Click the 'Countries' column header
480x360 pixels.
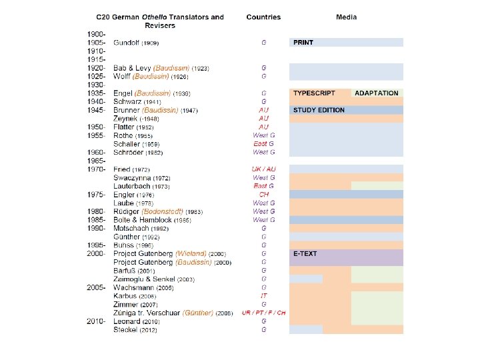[263, 17]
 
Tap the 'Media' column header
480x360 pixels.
[346, 17]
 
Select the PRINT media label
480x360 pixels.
[303, 42]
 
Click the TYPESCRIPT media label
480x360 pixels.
[313, 93]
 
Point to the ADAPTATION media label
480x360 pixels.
[377, 93]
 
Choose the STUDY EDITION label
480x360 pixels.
[319, 110]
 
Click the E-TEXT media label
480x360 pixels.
[305, 254]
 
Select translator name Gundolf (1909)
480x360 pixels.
[136, 42]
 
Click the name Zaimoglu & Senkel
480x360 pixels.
[145, 279]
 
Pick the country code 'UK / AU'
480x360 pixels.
[263, 169]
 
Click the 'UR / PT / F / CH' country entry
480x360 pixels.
[263, 313]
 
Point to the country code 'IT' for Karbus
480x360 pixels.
[263, 296]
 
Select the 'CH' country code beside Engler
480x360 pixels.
[263, 195]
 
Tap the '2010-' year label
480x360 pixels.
[97, 321]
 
